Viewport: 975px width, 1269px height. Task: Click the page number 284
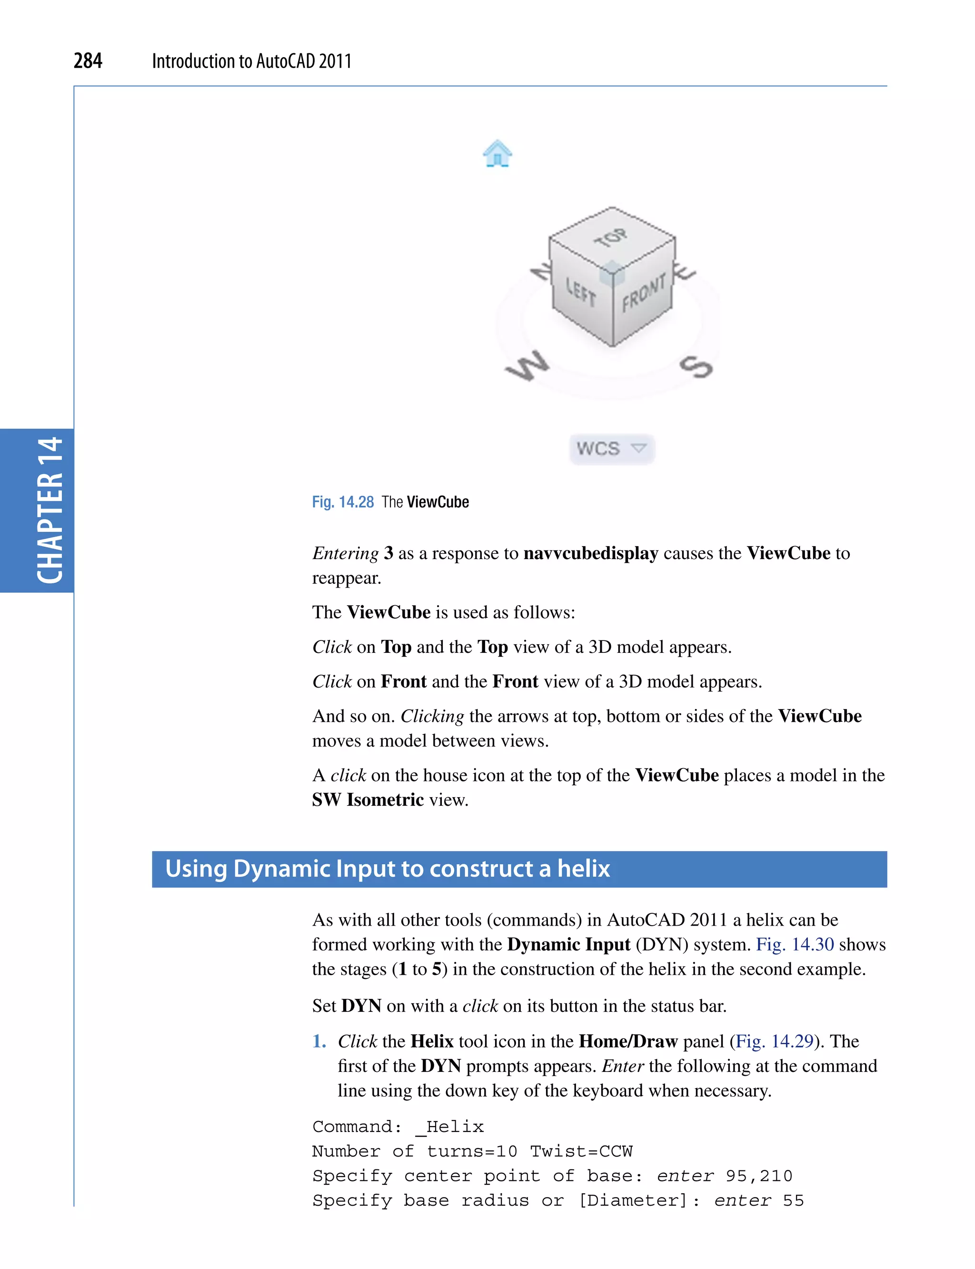(88, 60)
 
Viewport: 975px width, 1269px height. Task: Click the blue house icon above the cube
(497, 154)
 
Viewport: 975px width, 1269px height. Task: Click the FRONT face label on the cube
(643, 294)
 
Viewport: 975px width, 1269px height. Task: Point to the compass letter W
(527, 366)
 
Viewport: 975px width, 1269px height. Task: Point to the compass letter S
(696, 366)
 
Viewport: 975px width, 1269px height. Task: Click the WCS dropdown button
(612, 449)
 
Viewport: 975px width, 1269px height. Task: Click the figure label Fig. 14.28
(342, 502)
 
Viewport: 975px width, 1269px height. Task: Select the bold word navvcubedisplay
(590, 553)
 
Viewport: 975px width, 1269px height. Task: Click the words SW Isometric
(368, 800)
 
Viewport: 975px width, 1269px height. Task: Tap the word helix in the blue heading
(583, 869)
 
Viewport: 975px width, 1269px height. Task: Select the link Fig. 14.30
(795, 945)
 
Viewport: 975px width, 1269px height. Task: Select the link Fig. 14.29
(774, 1041)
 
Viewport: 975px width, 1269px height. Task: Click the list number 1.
(318, 1041)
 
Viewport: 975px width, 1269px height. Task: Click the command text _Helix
(450, 1127)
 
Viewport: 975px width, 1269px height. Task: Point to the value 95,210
(758, 1176)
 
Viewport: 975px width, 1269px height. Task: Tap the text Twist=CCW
(581, 1151)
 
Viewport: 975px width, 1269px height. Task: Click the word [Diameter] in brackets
(633, 1200)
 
